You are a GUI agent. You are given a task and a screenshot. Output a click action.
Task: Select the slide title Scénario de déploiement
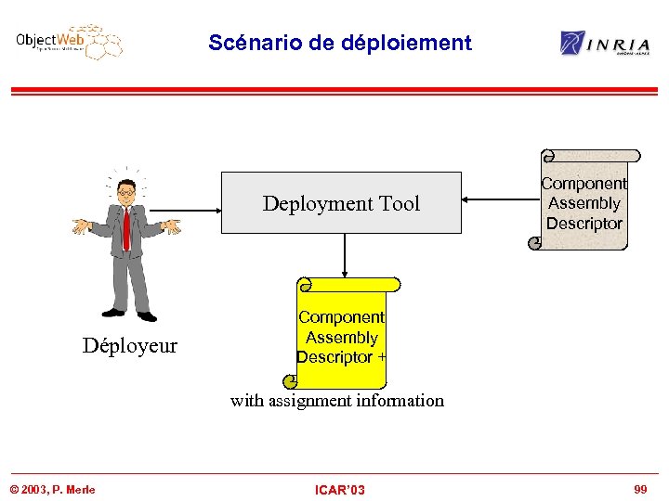pyautogui.click(x=340, y=43)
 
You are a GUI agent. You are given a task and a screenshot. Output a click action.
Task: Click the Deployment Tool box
pyautogui.click(x=341, y=202)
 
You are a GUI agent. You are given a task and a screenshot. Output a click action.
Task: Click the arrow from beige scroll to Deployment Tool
pyautogui.click(x=502, y=199)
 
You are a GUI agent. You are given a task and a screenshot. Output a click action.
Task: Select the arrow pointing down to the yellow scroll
pyautogui.click(x=345, y=254)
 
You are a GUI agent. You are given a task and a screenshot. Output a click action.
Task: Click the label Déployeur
pyautogui.click(x=129, y=346)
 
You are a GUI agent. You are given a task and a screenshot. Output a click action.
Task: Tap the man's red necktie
pyautogui.click(x=126, y=228)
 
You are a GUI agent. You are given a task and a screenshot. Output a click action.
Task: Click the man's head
pyautogui.click(x=126, y=192)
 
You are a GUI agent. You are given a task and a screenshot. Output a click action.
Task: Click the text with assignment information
pyautogui.click(x=337, y=401)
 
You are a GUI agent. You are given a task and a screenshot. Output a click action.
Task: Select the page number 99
pyautogui.click(x=639, y=489)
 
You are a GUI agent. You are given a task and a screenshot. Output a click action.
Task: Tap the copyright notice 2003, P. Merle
pyautogui.click(x=53, y=490)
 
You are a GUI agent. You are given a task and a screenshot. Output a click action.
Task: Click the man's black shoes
pyautogui.click(x=129, y=315)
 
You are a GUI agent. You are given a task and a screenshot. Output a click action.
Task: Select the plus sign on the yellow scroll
pyautogui.click(x=382, y=357)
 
